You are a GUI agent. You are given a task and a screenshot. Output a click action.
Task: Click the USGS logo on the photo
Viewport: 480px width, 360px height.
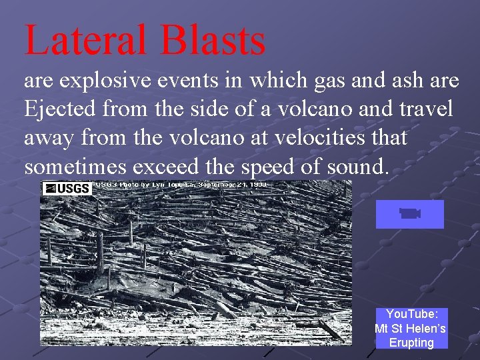(66, 188)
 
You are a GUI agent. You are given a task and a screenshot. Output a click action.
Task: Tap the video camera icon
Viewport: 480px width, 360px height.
(409, 213)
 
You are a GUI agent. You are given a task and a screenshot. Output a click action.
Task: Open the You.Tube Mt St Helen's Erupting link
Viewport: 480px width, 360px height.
(410, 328)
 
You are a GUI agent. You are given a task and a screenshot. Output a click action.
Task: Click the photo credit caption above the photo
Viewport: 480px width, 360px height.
(180, 184)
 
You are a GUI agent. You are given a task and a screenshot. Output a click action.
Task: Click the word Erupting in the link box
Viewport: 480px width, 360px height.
(411, 343)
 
